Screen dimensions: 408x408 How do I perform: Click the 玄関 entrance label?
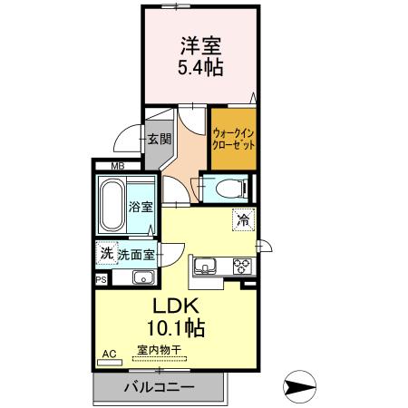(x=159, y=141)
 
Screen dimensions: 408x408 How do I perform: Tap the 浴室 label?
(x=141, y=207)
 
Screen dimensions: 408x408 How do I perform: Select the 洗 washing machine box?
(x=106, y=255)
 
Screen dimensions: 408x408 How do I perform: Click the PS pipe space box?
(x=100, y=281)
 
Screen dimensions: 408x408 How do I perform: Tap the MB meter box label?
(x=117, y=166)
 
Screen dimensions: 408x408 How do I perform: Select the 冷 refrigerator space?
(x=242, y=219)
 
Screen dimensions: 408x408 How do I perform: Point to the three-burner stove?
(x=242, y=267)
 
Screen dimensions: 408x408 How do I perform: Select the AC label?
(x=109, y=353)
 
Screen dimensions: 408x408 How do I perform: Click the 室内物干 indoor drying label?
(x=159, y=348)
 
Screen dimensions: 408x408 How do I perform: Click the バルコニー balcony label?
(x=159, y=386)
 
